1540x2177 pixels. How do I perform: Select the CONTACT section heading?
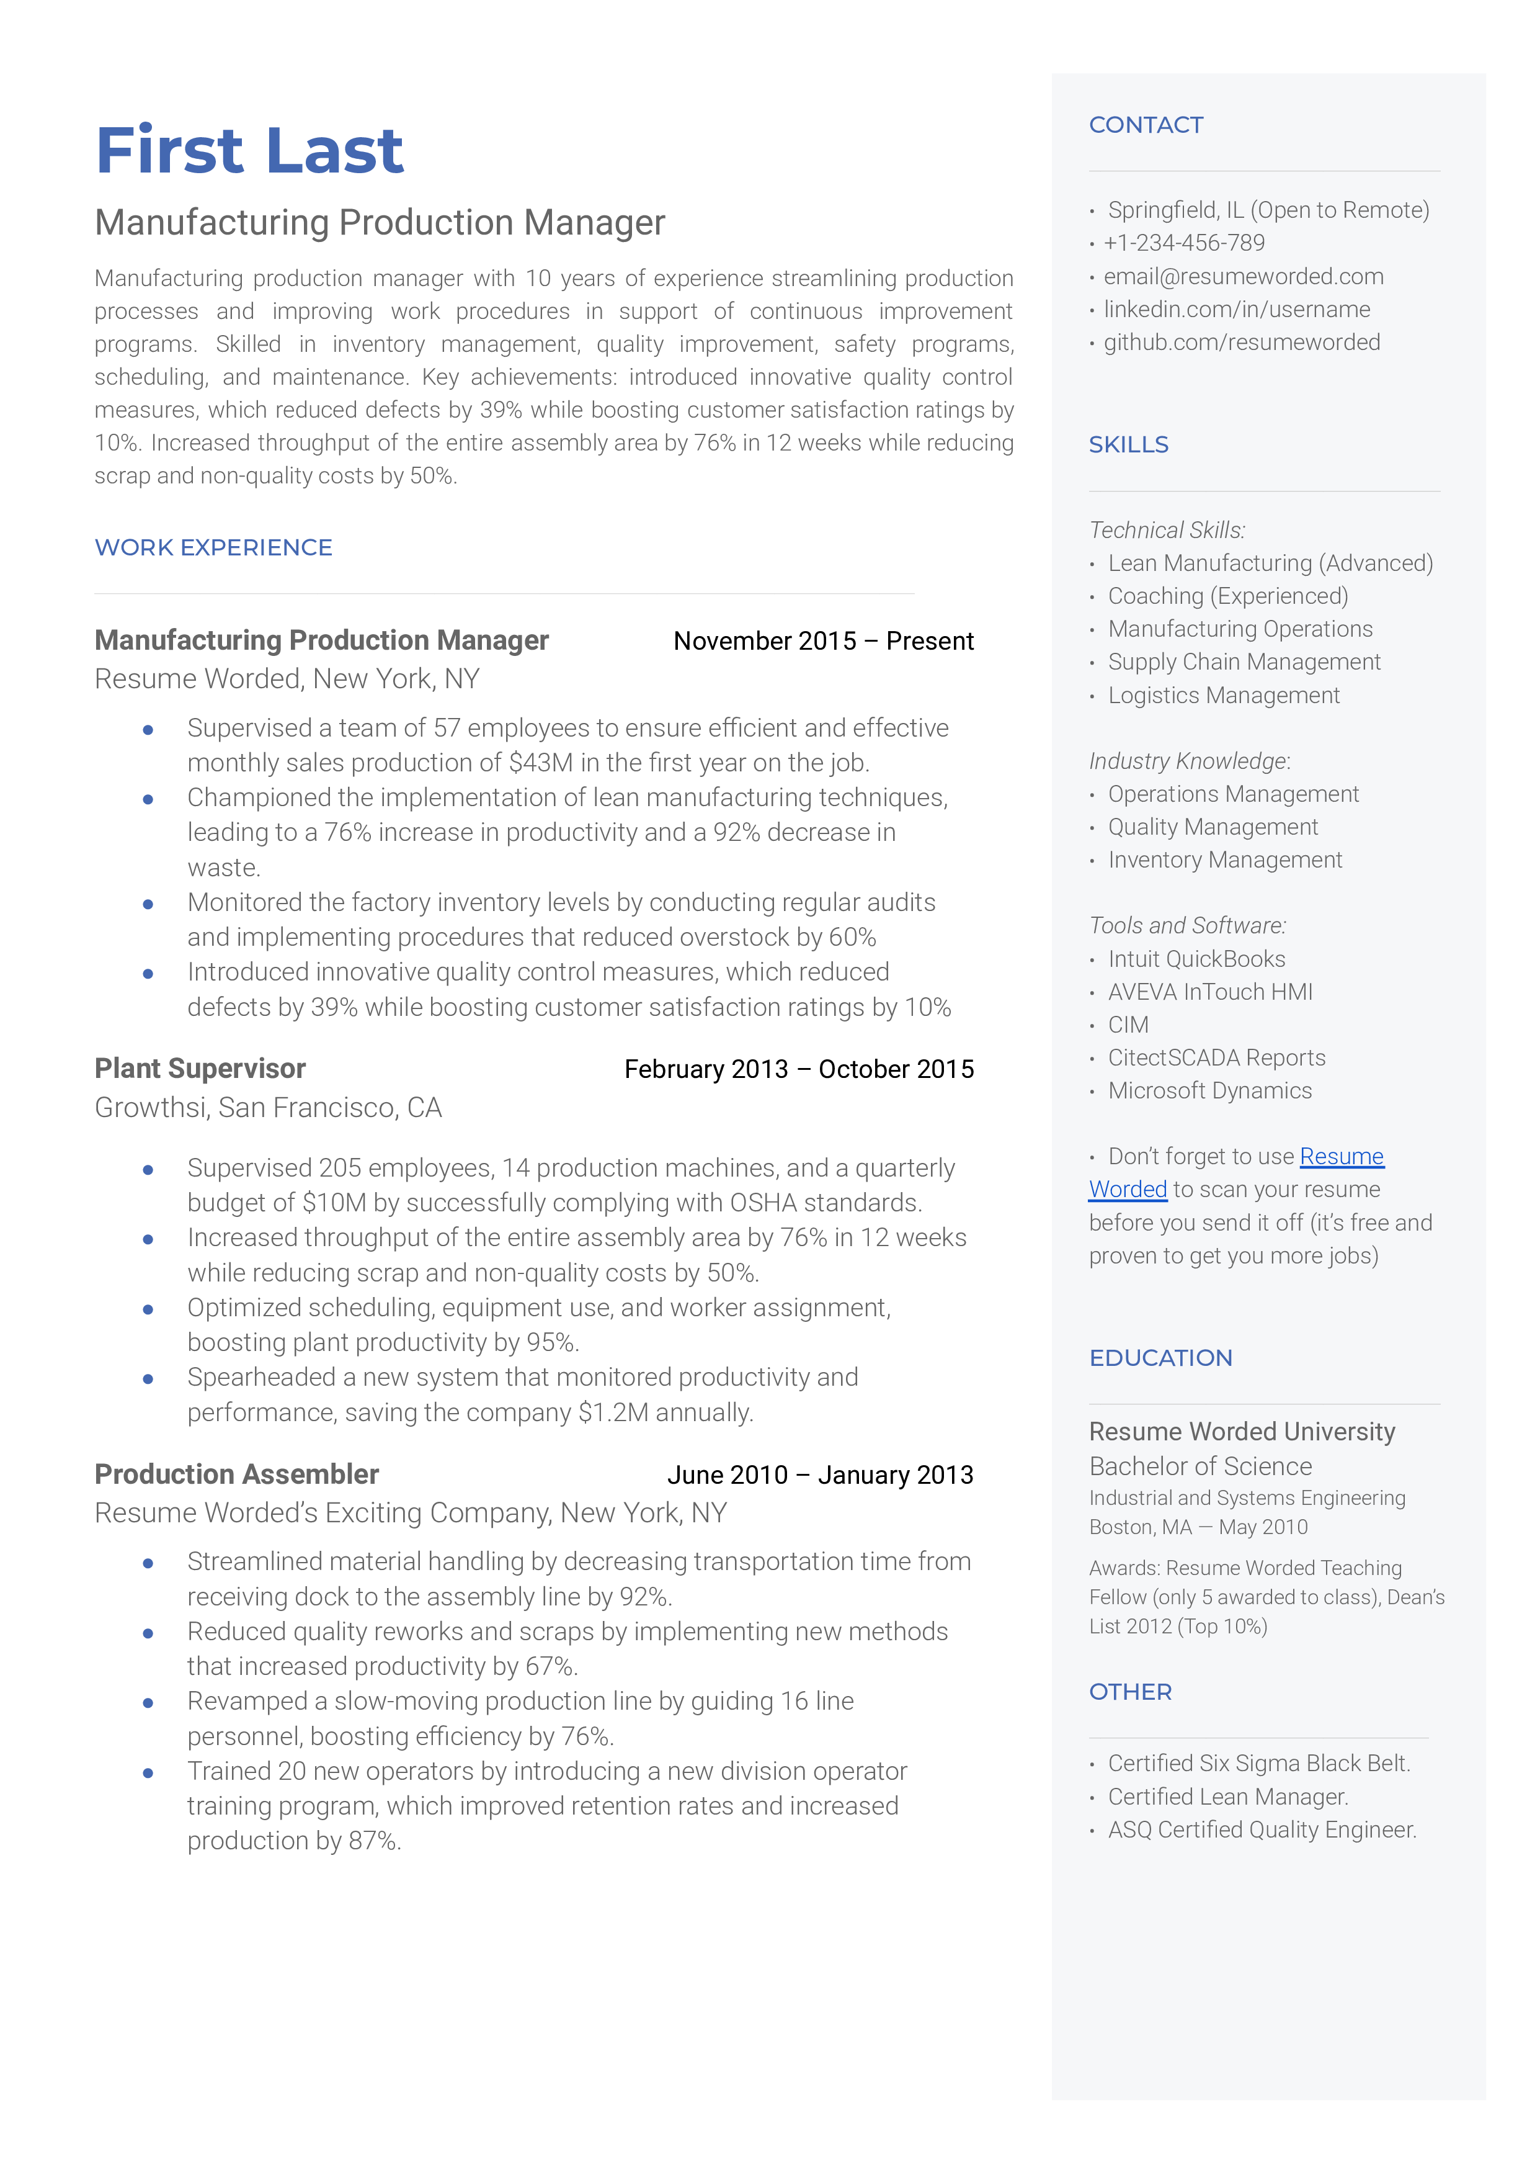(x=1146, y=125)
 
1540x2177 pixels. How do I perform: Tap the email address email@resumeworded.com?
(x=1242, y=276)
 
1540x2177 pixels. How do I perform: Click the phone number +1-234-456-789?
(x=1183, y=243)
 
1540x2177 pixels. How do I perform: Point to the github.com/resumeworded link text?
(x=1241, y=343)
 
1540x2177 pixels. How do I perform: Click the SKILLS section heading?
(x=1128, y=445)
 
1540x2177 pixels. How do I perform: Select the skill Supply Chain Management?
(x=1243, y=662)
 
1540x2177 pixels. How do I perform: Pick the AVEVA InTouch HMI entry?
(x=1210, y=992)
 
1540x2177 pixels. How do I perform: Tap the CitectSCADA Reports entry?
(x=1217, y=1057)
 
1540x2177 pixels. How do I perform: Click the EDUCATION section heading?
(x=1160, y=1358)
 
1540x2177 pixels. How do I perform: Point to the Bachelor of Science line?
(x=1200, y=1466)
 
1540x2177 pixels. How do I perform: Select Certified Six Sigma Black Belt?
(x=1258, y=1764)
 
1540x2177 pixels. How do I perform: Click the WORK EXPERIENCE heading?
(x=213, y=548)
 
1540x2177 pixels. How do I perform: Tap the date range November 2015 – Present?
(x=823, y=641)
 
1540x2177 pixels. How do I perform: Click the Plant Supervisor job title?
(x=200, y=1069)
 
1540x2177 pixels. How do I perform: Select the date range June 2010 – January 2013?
(x=819, y=1475)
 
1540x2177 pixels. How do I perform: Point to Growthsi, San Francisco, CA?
(x=269, y=1108)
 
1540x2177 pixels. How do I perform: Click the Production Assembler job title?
(x=237, y=1474)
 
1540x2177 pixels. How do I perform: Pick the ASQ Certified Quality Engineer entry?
(x=1261, y=1830)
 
